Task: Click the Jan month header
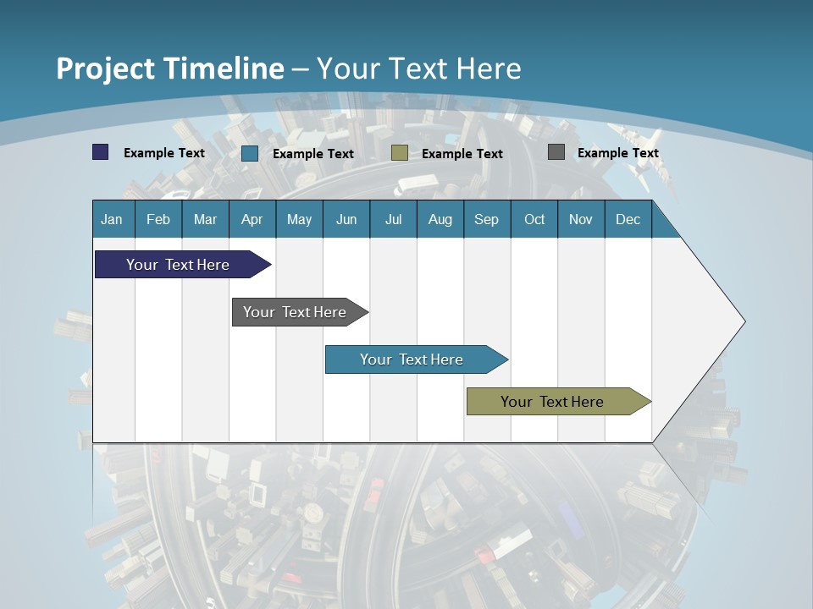(112, 219)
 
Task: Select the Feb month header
(158, 219)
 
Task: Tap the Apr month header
(252, 219)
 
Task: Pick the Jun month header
(346, 219)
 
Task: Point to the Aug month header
(440, 219)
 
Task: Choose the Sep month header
(486, 219)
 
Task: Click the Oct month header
(534, 219)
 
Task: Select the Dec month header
(628, 219)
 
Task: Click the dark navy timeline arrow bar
(178, 265)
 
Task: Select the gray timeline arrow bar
(295, 312)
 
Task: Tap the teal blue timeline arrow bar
(412, 359)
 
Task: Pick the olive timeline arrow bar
(552, 402)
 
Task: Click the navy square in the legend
(101, 152)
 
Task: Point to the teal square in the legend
(250, 153)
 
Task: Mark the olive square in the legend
(400, 153)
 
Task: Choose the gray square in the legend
(556, 152)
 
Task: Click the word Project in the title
(106, 69)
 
